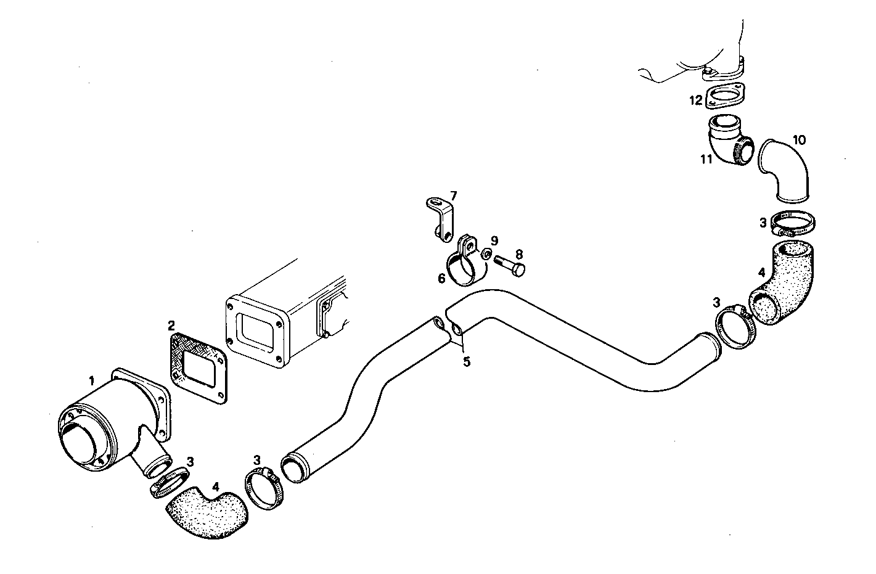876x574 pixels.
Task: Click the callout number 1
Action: coord(91,382)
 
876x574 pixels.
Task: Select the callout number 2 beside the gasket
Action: coord(171,324)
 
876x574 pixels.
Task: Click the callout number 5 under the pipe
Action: coord(467,362)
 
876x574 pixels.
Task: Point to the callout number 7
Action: coord(453,196)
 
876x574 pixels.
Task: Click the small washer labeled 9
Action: coord(486,253)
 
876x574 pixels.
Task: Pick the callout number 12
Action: coord(695,100)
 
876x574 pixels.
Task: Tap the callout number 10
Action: coord(798,140)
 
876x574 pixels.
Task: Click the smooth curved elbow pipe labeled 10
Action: coord(786,170)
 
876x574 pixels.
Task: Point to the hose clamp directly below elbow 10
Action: coord(793,223)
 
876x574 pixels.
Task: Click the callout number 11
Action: coord(706,159)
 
